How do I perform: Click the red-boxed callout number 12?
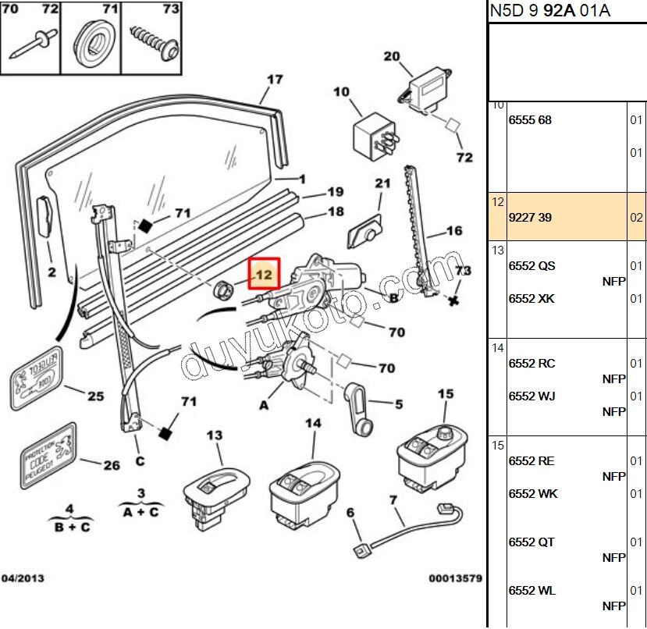click(264, 274)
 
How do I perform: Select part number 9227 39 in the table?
click(530, 218)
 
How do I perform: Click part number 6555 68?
click(530, 120)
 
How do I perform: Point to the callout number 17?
click(275, 80)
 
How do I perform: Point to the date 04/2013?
click(23, 578)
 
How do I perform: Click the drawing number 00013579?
click(455, 578)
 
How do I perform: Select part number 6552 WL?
click(532, 591)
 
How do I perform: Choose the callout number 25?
click(94, 396)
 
